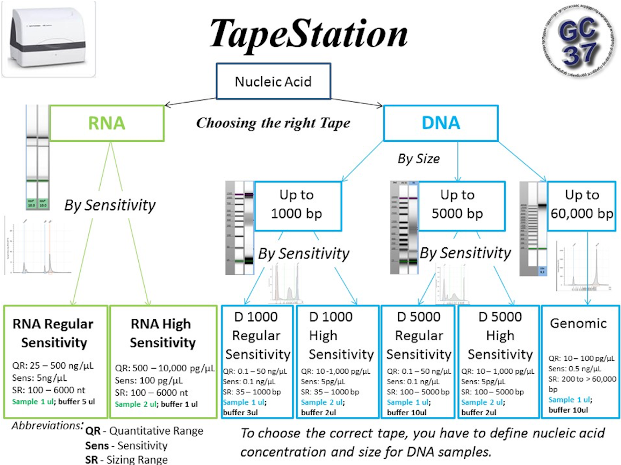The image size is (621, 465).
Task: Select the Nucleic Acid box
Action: (273, 81)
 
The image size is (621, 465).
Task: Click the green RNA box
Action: (107, 123)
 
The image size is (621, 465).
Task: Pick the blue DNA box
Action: (441, 123)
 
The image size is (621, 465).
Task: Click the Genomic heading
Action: (578, 323)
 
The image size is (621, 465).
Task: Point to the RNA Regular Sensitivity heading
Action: (53, 333)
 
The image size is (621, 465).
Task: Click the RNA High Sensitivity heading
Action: (162, 333)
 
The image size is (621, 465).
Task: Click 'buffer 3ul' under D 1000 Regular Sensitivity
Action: (240, 412)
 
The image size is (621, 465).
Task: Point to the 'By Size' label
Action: (419, 159)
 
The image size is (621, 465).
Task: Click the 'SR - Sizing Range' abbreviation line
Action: (126, 460)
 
